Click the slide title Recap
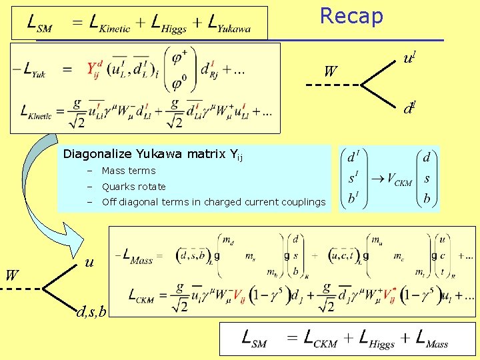(x=351, y=16)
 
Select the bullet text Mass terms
(x=129, y=171)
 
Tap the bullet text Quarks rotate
(x=133, y=187)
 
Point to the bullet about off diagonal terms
(x=213, y=202)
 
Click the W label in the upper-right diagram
(x=330, y=70)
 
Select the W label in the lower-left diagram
(x=12, y=275)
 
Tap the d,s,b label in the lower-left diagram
(x=91, y=311)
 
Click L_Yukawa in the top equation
(x=229, y=23)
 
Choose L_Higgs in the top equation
(x=175, y=23)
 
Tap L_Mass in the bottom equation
(x=431, y=339)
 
